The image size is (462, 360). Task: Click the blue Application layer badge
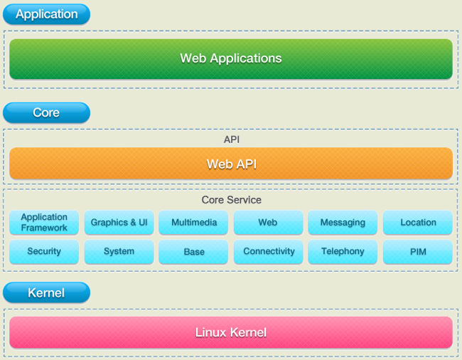coord(46,14)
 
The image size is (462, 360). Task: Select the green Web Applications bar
coord(231,59)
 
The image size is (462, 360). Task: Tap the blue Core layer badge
coord(46,112)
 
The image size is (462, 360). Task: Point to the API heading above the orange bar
coord(232,139)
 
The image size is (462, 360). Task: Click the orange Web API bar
coord(231,164)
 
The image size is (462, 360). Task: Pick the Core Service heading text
coord(232,200)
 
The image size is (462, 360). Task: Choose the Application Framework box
coord(44,222)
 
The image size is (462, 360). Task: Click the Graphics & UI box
coord(119,222)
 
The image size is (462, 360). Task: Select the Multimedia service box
coord(193,222)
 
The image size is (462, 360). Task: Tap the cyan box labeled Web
coord(269,222)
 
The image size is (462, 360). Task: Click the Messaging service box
coord(343,222)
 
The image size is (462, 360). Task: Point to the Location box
coord(418,222)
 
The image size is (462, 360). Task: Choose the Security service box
coord(44,251)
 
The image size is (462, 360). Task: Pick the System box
coord(119,251)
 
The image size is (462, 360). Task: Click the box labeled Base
coord(193,251)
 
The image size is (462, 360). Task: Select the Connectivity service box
coord(269,251)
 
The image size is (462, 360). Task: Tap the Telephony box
coord(343,251)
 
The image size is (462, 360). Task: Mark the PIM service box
coord(418,251)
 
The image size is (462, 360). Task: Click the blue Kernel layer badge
coord(46,292)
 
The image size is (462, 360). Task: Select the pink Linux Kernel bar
coord(231,332)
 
